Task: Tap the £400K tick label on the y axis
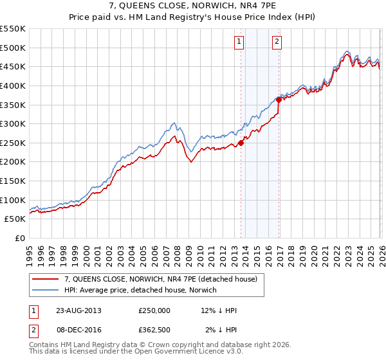pyautogui.click(x=13, y=85)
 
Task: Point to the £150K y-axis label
pyautogui.click(x=13, y=181)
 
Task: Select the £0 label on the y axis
pyautogui.click(x=19, y=238)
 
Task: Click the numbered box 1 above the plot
pyautogui.click(x=239, y=42)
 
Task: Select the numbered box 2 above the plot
pyautogui.click(x=277, y=42)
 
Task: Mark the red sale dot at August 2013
pyautogui.click(x=241, y=143)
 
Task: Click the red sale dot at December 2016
pyautogui.click(x=279, y=100)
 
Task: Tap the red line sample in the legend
pyautogui.click(x=47, y=279)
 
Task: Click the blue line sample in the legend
pyautogui.click(x=47, y=290)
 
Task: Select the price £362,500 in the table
pyautogui.click(x=154, y=330)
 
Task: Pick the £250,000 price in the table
pyautogui.click(x=154, y=310)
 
